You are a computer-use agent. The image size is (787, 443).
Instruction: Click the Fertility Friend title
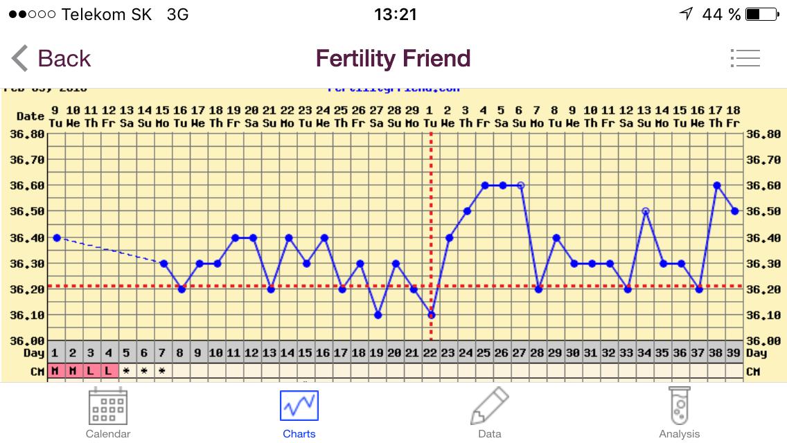393,59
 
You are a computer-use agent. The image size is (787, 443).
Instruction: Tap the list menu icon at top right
745,58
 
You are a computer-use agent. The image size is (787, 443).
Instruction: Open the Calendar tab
108,413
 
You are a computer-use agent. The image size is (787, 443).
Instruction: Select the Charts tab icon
299,406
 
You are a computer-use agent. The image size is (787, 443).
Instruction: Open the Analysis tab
679,413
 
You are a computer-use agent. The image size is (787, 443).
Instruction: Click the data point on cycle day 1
56,237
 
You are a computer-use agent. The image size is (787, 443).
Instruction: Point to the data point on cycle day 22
431,315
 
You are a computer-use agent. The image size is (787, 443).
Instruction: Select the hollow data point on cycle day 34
645,211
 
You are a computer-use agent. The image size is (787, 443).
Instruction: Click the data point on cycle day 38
717,186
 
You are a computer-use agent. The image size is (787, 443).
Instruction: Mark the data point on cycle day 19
378,315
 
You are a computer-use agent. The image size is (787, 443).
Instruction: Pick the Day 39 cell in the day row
734,353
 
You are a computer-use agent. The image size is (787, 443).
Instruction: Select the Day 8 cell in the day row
181,353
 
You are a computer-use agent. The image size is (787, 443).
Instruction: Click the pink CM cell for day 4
108,370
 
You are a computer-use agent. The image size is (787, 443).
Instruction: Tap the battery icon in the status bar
761,15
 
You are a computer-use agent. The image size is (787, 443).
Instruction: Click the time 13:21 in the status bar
395,15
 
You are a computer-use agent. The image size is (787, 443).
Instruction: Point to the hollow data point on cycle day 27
520,186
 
